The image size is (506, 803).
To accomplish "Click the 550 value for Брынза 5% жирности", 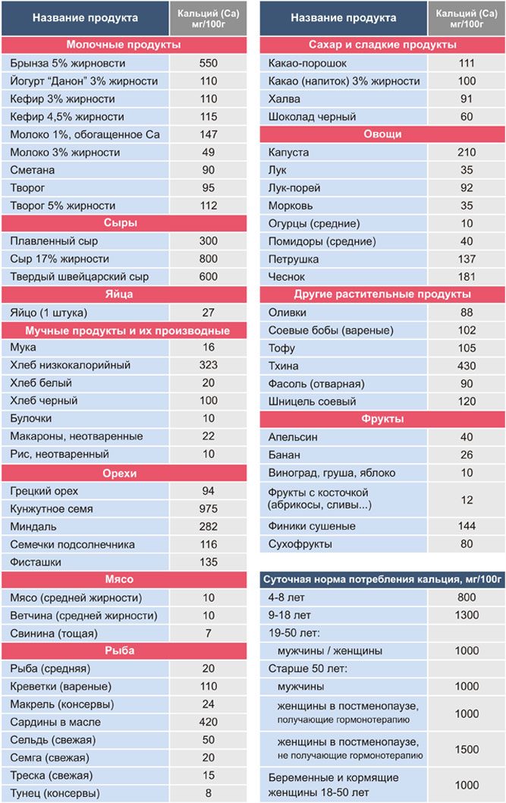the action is pos(208,63).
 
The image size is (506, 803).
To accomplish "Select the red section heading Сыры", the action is pos(120,223).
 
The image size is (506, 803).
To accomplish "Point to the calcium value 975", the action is pos(208,509).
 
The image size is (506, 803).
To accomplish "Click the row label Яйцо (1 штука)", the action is pos(49,313).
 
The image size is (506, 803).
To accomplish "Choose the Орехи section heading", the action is pos(120,473).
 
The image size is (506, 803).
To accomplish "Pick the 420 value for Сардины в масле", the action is pos(208,722).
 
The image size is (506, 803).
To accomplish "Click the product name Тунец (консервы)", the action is pos(55,793).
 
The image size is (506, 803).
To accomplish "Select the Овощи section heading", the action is pos(382,134).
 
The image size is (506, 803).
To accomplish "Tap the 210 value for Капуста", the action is pos(467,152).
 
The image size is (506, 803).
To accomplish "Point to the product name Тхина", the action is pos(284,366).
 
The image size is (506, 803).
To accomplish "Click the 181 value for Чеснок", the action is pos(467,276).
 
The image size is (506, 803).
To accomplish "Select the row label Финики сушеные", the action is pos(312,526).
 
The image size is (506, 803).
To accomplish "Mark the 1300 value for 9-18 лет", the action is pos(467,615).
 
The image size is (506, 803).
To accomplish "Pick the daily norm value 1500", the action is pos(467,749).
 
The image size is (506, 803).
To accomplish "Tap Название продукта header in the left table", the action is pos(85,18).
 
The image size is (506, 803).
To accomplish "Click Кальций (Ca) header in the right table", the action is pos(467,14).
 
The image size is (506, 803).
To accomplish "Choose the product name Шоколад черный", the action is pos(312,117).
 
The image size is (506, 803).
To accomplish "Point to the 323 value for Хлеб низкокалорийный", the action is pos(208,365).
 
